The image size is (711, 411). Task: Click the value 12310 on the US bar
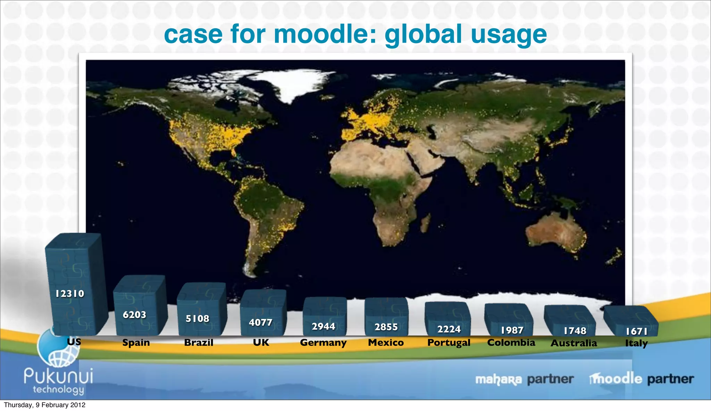pos(70,294)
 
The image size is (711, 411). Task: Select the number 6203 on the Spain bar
pos(134,315)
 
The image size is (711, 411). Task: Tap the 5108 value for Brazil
pos(197,319)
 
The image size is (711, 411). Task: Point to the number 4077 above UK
pos(260,322)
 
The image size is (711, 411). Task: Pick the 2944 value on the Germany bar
pos(323,327)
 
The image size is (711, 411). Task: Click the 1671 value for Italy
pos(636,332)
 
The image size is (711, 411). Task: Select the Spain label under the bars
pos(136,343)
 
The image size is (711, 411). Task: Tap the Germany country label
pos(323,343)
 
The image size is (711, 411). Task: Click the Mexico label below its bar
pos(386,343)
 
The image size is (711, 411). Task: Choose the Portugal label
pos(449,343)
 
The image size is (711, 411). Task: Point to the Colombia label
pos(511,343)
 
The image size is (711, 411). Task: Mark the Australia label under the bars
pos(574,343)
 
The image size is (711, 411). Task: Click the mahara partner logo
pos(524,379)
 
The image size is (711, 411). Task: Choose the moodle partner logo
pos(641,379)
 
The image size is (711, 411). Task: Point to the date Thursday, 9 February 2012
pos(44,405)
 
